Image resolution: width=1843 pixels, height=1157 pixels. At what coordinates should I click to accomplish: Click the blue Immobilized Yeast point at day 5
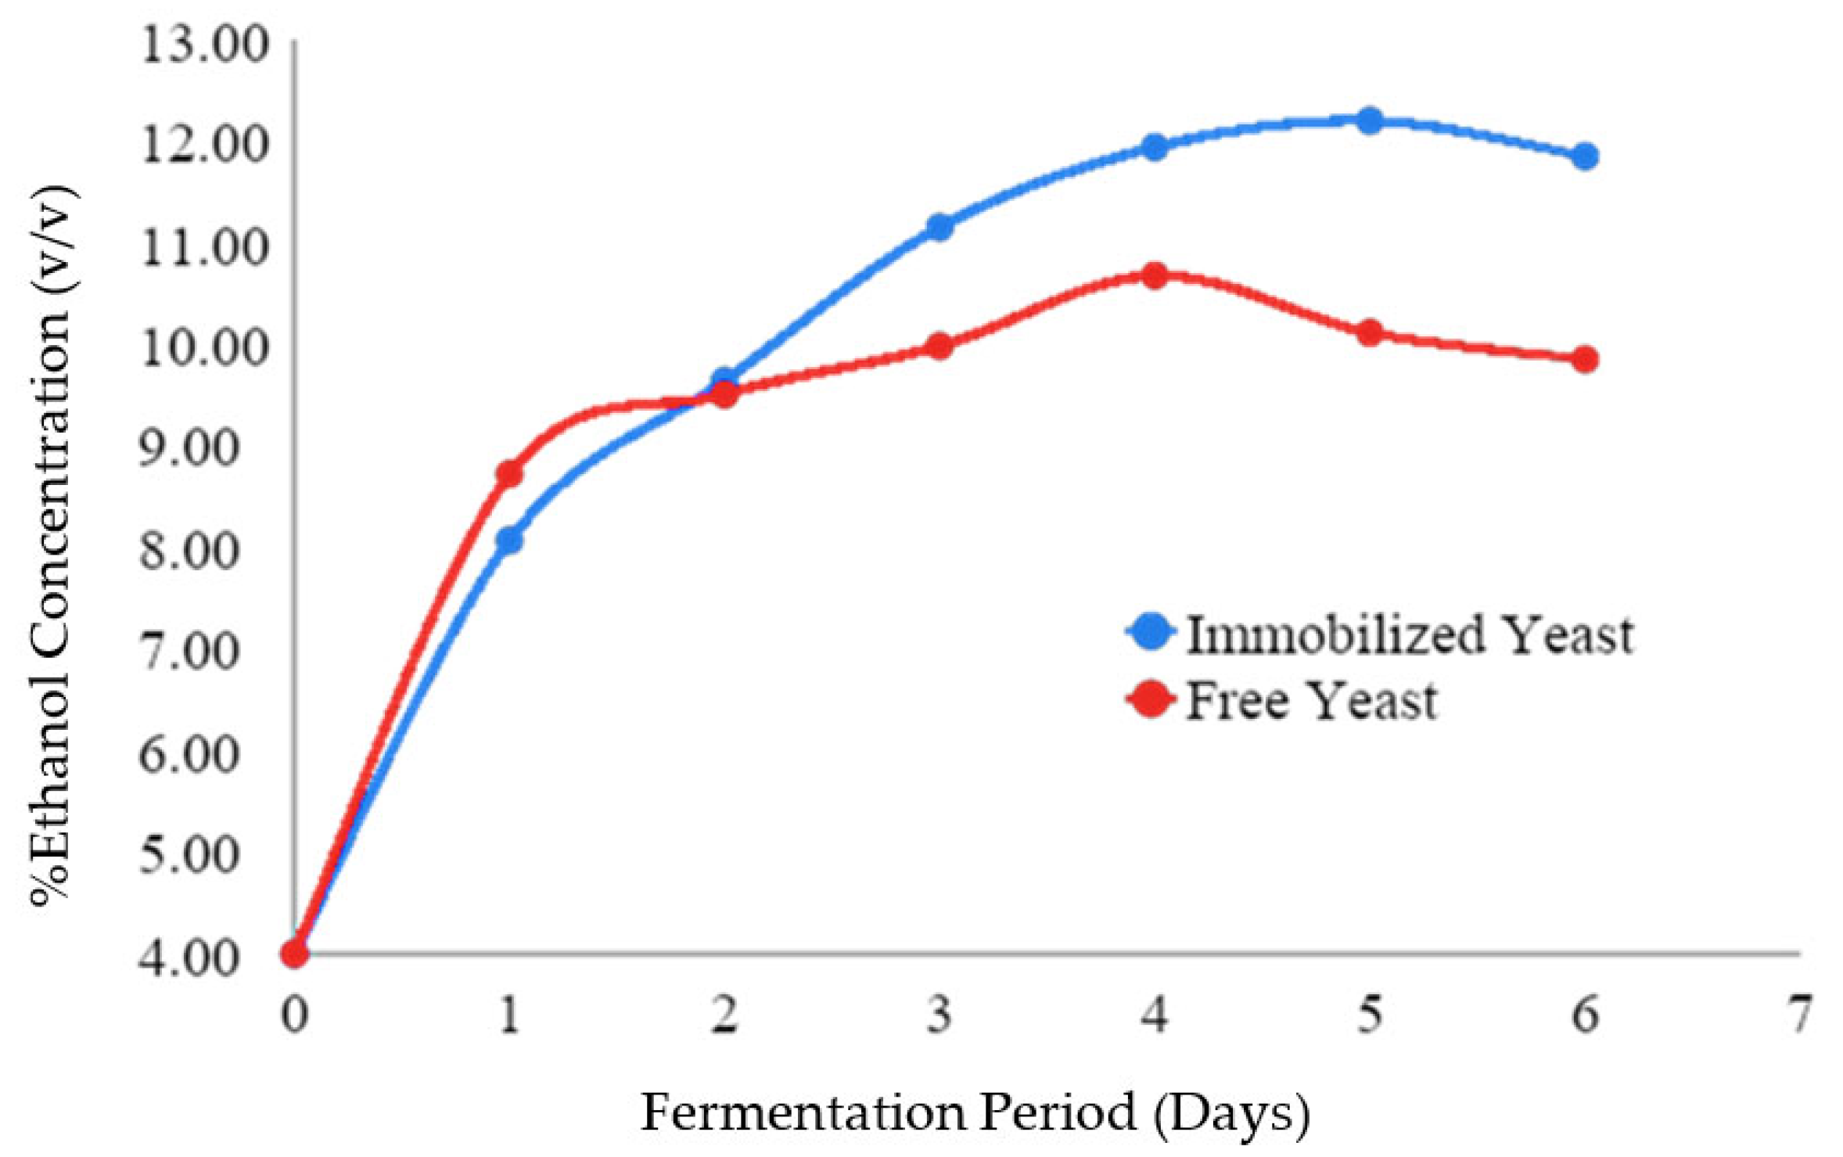[x=1369, y=120]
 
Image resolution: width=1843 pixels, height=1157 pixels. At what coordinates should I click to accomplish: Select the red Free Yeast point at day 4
[x=1155, y=275]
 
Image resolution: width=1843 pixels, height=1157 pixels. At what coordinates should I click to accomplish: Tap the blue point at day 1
[x=509, y=540]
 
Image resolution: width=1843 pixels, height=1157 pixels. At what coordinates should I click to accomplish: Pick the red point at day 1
[x=509, y=473]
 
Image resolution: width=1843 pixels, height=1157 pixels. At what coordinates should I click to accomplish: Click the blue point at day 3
[x=939, y=227]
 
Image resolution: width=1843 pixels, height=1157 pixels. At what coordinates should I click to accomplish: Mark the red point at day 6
[x=1585, y=359]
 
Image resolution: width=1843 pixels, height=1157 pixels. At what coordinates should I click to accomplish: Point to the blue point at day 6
[x=1585, y=156]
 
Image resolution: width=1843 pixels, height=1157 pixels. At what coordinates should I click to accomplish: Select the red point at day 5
[x=1369, y=332]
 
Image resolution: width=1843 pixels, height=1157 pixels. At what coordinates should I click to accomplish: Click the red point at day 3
[x=939, y=346]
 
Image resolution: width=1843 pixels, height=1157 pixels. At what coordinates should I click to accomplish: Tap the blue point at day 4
[x=1155, y=147]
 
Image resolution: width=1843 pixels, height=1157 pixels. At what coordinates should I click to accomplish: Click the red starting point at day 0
[x=295, y=953]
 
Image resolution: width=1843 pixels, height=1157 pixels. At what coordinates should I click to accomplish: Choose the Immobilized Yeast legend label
[x=1408, y=634]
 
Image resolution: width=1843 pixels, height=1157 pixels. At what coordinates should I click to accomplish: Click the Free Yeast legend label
[x=1311, y=700]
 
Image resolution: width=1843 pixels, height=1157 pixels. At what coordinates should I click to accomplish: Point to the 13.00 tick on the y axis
[x=203, y=45]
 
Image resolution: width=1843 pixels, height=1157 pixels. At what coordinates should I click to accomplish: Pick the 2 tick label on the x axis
[x=724, y=1015]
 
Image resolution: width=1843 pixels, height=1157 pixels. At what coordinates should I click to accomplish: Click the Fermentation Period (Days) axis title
[x=975, y=1112]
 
